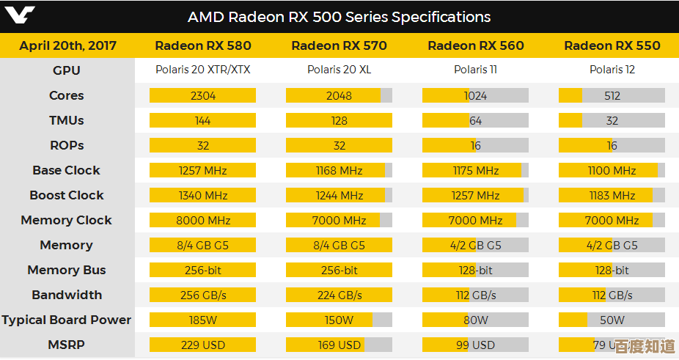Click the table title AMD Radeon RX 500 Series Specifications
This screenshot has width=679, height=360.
pos(339,16)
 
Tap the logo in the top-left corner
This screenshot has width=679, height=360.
pos(18,16)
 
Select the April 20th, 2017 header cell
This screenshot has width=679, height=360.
pos(67,45)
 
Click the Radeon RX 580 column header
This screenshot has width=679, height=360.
pos(203,45)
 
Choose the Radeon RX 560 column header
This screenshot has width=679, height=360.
pos(476,45)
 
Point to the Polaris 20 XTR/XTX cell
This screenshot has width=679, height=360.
pos(203,70)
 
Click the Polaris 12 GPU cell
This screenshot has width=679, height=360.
pos(612,70)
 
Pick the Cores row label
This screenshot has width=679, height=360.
pos(67,95)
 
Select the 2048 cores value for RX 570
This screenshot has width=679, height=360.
pos(339,95)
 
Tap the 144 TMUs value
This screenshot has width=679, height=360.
pos(203,120)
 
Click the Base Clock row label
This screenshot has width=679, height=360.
pos(67,170)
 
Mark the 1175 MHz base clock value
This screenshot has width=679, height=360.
pos(476,170)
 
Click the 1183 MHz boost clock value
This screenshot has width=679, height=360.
pos(612,195)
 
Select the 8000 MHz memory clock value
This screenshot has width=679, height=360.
pos(203,220)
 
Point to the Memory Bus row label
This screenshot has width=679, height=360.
pos(67,270)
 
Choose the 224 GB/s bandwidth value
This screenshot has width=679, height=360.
pos(339,295)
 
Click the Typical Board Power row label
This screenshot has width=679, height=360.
pos(67,320)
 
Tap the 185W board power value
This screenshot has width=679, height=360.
pos(203,320)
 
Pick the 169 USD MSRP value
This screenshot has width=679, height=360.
pos(339,345)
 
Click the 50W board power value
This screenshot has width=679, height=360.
pos(612,320)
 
